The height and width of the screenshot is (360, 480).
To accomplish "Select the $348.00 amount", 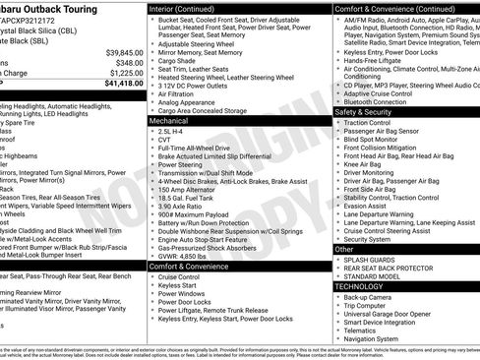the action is [129, 63].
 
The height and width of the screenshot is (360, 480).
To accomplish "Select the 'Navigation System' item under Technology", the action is [381, 338].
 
